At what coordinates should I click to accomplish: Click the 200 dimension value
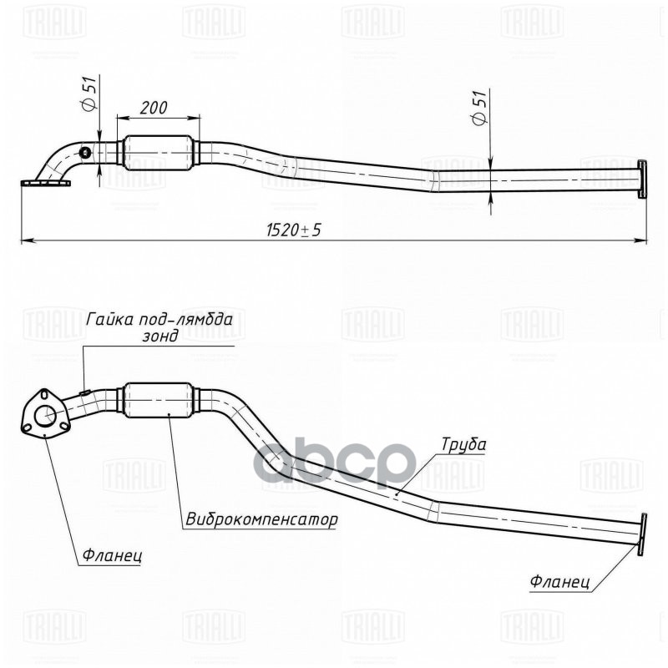tap(154, 109)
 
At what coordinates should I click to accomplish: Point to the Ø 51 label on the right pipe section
tap(479, 108)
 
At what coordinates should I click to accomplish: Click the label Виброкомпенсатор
tap(261, 519)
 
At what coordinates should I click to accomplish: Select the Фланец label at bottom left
tap(113, 554)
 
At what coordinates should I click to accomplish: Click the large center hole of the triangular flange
tap(49, 414)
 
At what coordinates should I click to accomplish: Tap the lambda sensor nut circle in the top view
tap(84, 152)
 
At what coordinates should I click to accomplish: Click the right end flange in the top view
tap(641, 179)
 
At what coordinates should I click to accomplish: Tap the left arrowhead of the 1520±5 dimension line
tap(25, 240)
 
